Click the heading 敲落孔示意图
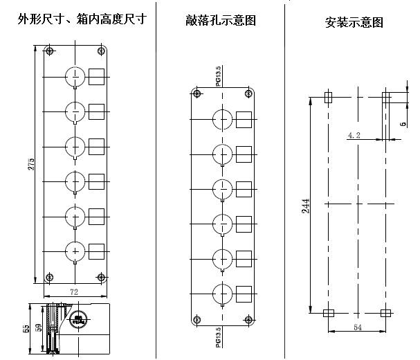point(221,20)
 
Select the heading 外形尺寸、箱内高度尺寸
point(82,20)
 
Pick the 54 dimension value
point(356,326)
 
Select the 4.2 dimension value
point(354,136)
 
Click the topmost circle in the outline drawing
point(74,76)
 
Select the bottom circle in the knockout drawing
point(221,292)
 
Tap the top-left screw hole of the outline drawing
point(49,51)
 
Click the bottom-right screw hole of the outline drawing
point(101,278)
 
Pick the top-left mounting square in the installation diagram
point(328,98)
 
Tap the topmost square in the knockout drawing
point(244,118)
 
